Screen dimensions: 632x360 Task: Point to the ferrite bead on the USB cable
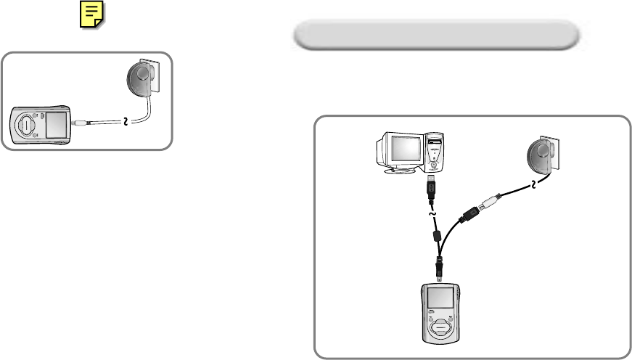pos(436,236)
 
